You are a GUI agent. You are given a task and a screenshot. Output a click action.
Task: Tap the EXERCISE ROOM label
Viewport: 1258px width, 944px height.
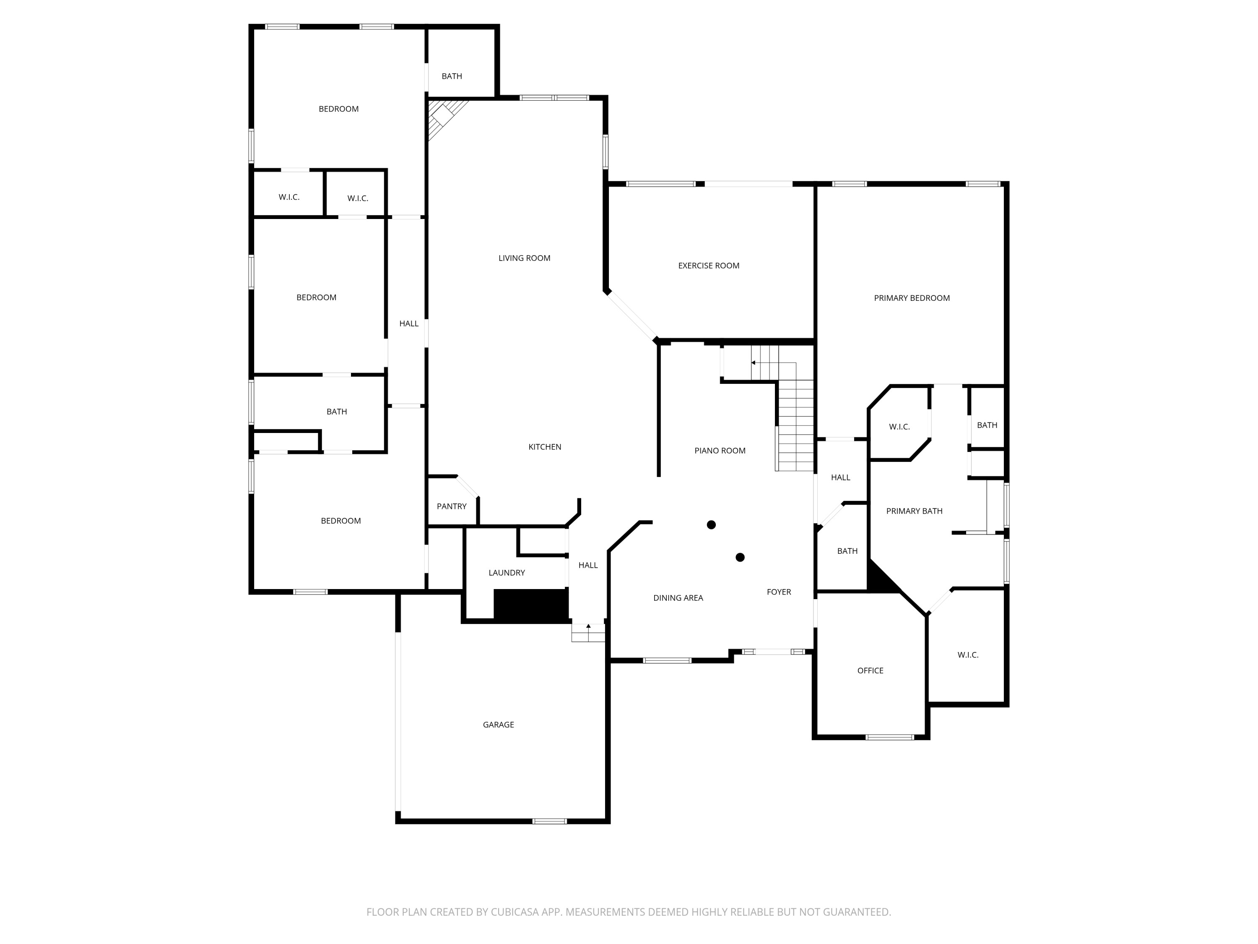[x=708, y=266]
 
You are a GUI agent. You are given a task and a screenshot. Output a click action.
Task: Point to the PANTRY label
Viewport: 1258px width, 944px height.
[x=451, y=506]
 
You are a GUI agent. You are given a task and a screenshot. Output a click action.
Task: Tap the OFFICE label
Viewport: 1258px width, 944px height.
[x=870, y=671]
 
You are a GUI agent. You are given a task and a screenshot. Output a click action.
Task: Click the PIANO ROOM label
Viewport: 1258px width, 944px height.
[x=720, y=451]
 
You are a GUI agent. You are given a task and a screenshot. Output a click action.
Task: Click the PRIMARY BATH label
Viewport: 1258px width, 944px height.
[x=914, y=511]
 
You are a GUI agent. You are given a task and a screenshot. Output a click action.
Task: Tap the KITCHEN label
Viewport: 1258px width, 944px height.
[x=544, y=447]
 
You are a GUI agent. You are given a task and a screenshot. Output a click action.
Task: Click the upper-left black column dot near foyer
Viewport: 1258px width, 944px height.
[x=711, y=524]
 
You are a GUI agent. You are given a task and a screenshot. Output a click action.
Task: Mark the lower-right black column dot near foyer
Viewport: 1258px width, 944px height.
[x=740, y=558]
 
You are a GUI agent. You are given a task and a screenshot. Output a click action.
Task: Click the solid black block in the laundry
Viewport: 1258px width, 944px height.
[x=530, y=605]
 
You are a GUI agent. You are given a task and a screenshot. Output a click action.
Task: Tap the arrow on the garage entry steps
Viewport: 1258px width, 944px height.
[x=588, y=626]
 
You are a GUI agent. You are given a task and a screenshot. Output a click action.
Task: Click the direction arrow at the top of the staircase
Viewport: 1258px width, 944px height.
[x=753, y=363]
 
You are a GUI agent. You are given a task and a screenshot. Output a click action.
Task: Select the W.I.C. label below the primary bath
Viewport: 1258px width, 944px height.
[x=967, y=655]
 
